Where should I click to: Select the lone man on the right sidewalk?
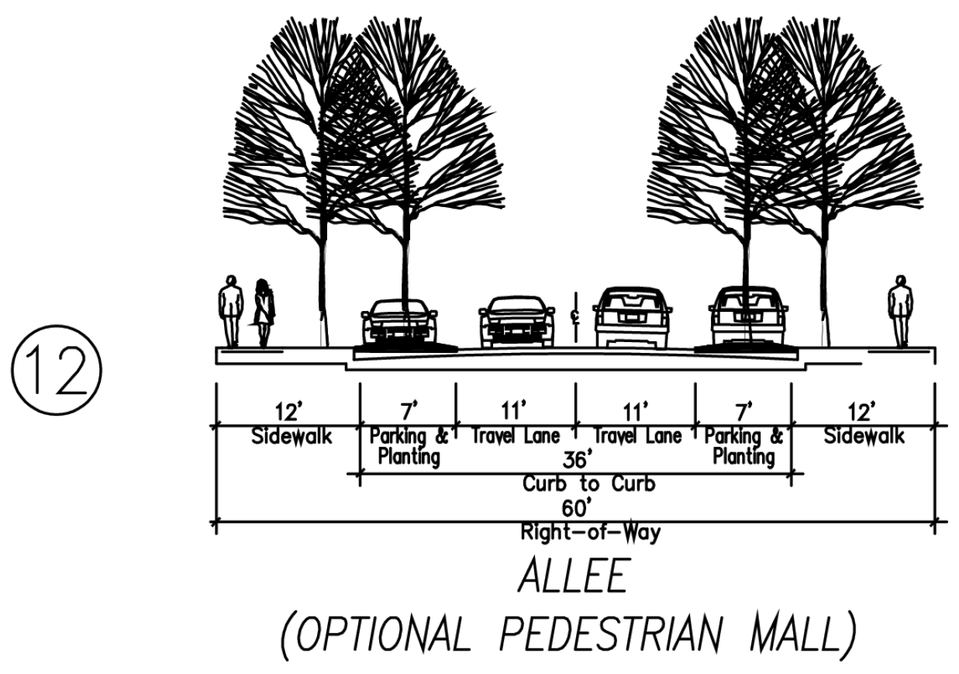900,310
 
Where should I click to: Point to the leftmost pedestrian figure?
230,311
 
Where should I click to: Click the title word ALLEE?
575,579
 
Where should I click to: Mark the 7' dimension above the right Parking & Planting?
743,408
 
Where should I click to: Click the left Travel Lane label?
515,437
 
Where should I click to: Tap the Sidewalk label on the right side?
864,436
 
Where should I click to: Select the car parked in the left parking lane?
398,320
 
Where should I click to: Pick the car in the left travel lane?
516,321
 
